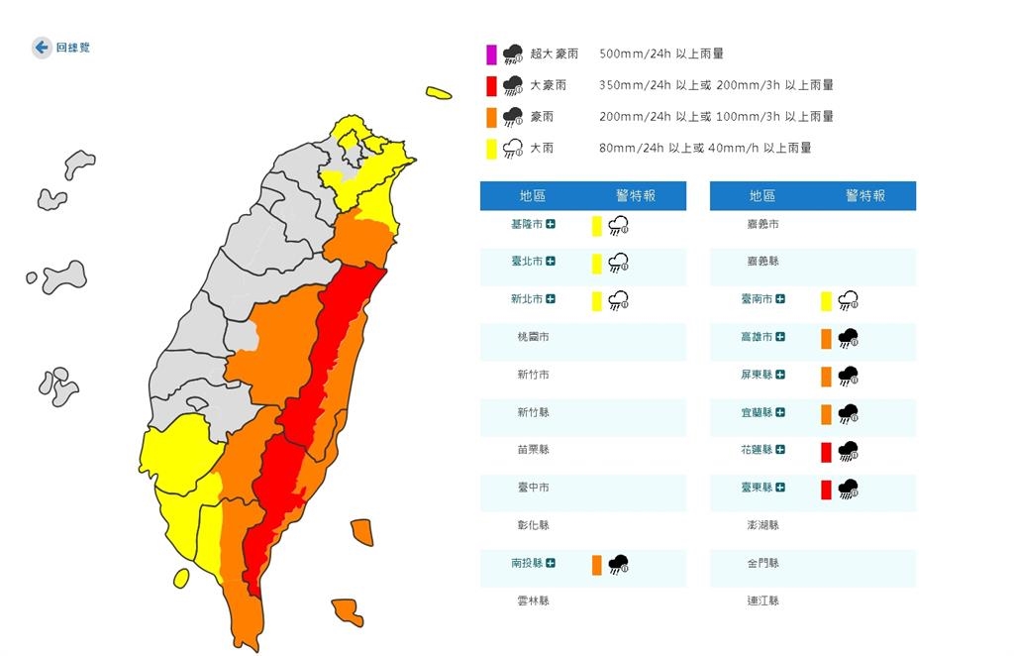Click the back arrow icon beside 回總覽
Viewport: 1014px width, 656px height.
click(x=42, y=48)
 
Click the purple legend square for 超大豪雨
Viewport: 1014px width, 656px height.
click(x=490, y=54)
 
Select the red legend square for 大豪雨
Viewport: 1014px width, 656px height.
click(x=490, y=85)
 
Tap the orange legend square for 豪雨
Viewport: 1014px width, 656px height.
click(x=490, y=117)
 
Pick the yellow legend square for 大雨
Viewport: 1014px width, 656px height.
click(x=490, y=148)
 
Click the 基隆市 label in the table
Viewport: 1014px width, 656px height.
click(x=526, y=225)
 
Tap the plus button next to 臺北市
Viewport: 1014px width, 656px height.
click(x=551, y=262)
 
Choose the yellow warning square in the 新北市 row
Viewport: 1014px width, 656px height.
click(x=597, y=300)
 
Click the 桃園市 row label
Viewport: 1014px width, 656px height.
click(x=533, y=337)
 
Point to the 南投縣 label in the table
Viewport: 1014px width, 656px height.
click(x=526, y=563)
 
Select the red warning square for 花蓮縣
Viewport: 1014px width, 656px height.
click(x=826, y=452)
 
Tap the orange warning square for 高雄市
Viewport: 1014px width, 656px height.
click(x=826, y=339)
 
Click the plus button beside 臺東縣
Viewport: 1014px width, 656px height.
click(x=780, y=488)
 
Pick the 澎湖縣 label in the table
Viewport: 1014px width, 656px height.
click(x=762, y=525)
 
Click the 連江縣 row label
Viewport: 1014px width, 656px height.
click(x=762, y=601)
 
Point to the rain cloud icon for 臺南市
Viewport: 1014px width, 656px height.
click(x=848, y=300)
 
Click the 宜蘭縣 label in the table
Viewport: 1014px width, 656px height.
click(x=756, y=412)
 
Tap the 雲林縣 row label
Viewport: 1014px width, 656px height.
click(x=533, y=601)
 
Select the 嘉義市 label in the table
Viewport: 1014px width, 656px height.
click(x=762, y=225)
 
